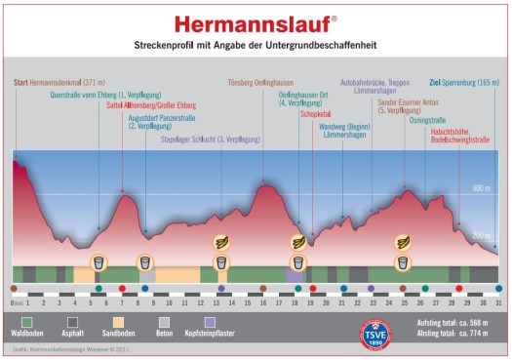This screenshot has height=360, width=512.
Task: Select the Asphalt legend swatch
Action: [x=74, y=320]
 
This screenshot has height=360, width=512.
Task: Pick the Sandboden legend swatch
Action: [x=121, y=320]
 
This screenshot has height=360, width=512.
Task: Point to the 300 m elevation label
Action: [x=479, y=187]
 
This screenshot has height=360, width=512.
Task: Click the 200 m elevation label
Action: [x=479, y=236]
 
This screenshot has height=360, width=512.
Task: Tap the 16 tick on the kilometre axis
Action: [x=262, y=302]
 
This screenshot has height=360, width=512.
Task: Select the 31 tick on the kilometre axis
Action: [x=497, y=302]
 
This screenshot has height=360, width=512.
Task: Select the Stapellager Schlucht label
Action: [x=211, y=140]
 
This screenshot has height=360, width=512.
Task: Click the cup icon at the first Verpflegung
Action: [x=98, y=261]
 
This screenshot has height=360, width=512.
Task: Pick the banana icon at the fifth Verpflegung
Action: [x=403, y=241]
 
